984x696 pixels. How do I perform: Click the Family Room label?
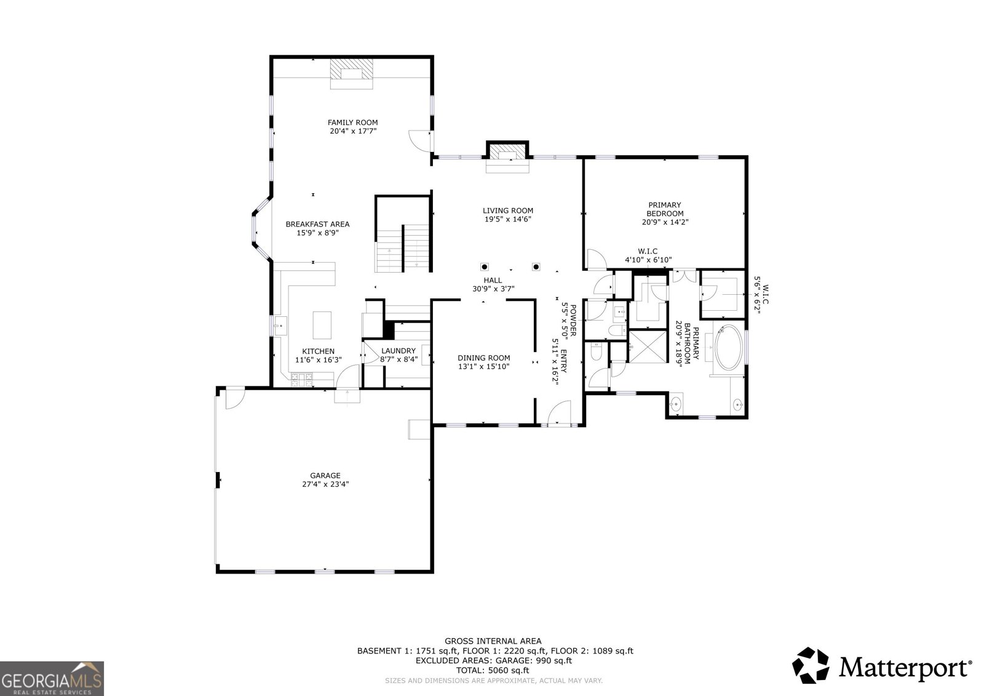pos(353,122)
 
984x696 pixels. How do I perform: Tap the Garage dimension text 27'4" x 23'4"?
pos(325,484)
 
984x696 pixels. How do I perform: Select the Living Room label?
pos(508,210)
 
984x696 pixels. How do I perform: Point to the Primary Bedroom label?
pos(665,209)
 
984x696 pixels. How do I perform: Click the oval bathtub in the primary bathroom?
pos(729,347)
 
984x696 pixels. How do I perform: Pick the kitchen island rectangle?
pos(322,325)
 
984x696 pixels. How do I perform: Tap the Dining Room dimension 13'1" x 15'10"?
pos(483,366)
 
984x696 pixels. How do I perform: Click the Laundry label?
pos(399,351)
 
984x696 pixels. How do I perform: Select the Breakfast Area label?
pos(317,224)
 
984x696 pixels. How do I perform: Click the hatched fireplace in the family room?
pos(351,69)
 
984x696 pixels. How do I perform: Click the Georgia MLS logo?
pos(52,678)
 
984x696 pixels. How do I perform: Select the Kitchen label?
pos(319,351)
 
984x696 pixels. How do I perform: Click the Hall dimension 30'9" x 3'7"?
pos(493,289)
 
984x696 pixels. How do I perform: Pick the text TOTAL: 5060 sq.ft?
pos(493,671)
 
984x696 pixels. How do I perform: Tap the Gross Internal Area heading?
pos(493,641)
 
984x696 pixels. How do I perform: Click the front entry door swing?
pos(559,412)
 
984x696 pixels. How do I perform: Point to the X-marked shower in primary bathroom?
pos(648,346)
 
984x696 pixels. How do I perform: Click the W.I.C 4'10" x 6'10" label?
pos(648,255)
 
